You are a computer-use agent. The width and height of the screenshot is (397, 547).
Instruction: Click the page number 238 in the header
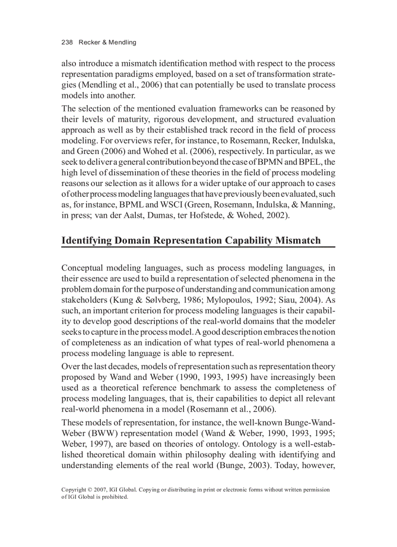click(x=67, y=42)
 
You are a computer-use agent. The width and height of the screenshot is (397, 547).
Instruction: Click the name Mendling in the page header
click(x=123, y=42)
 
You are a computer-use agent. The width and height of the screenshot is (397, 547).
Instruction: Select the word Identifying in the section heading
click(x=86, y=240)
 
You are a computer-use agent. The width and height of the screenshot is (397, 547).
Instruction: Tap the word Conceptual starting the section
click(x=82, y=268)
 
